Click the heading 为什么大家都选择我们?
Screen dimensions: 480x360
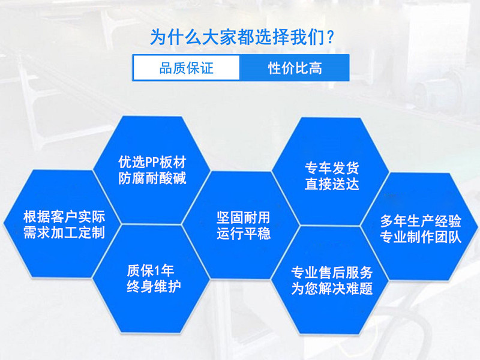click(242, 37)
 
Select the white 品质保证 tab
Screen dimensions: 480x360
click(187, 68)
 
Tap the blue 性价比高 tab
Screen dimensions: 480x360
click(295, 68)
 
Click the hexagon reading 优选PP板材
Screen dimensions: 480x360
click(152, 170)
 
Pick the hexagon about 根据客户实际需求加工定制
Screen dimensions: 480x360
click(64, 224)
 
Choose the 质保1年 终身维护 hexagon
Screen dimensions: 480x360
click(151, 278)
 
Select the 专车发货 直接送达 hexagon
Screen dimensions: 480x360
click(331, 172)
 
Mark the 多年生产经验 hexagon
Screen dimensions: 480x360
click(420, 227)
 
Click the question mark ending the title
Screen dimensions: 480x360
click(329, 37)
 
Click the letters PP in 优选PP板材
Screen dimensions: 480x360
click(152, 162)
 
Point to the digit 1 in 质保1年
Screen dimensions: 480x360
click(157, 271)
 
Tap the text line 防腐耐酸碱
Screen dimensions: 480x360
click(152, 178)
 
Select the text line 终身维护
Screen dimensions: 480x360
click(154, 287)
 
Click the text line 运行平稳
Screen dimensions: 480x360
click(244, 233)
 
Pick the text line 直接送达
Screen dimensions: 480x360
click(332, 184)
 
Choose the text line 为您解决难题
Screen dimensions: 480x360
click(332, 289)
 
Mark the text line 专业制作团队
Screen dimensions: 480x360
click(421, 237)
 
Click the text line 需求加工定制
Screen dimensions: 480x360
click(64, 232)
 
